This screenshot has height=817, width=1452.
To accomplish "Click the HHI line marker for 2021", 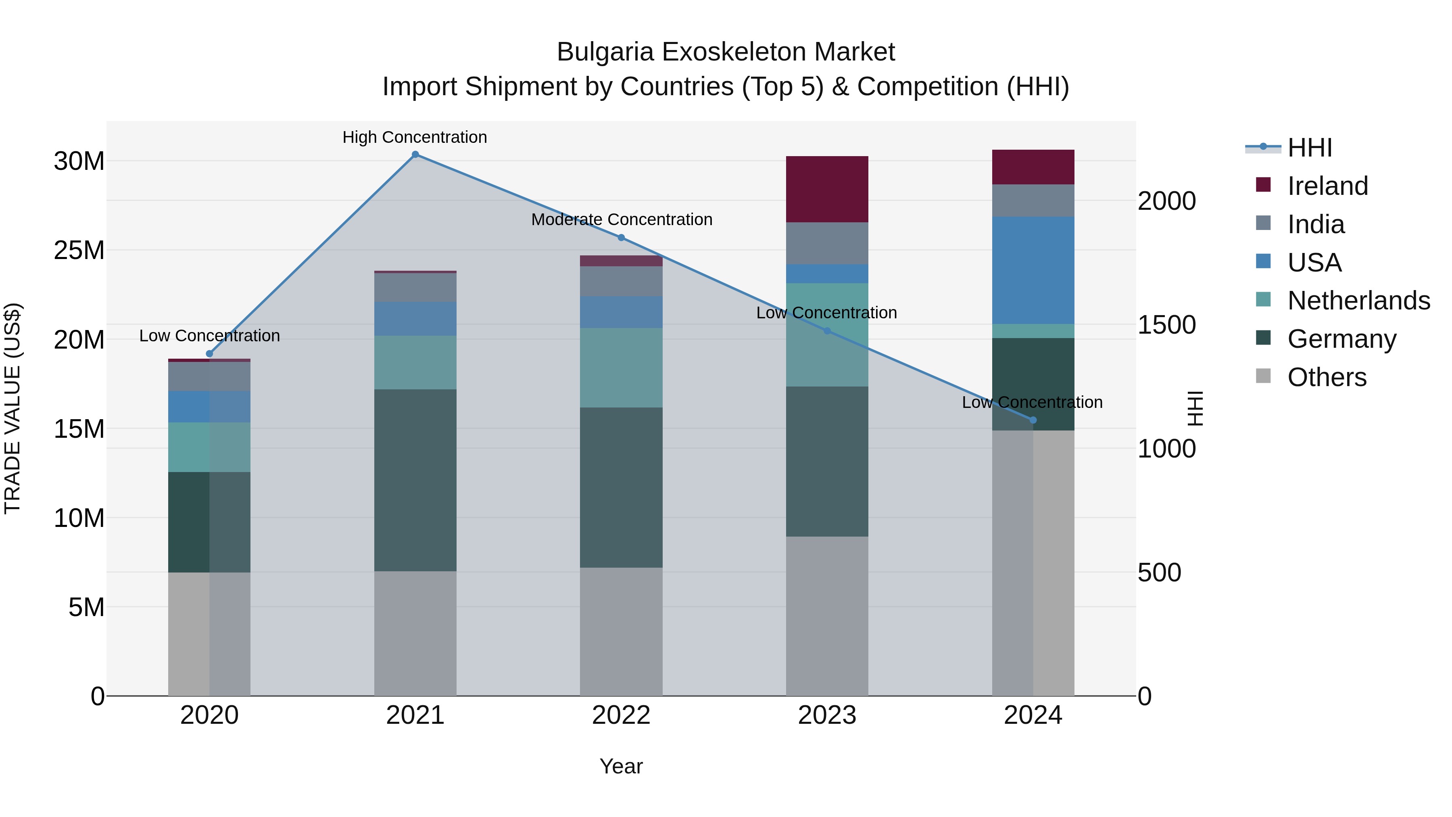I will (x=415, y=155).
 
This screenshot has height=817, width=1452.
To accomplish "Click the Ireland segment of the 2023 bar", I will (x=827, y=189).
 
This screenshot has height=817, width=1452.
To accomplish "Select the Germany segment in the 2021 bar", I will (x=415, y=480).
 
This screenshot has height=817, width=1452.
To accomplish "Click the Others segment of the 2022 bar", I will (x=621, y=631).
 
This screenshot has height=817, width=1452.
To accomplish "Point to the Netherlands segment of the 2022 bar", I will (x=621, y=368).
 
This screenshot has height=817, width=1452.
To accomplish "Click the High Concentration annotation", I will (x=415, y=138).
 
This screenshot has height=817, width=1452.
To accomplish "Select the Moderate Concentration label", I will (x=622, y=220).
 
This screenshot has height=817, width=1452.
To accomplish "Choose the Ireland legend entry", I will (x=1327, y=186).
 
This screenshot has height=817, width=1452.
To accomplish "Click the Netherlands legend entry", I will (x=1358, y=301).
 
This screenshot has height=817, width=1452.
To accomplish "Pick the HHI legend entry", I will (x=1309, y=148).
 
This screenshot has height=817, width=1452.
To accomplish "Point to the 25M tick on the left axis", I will (x=79, y=250).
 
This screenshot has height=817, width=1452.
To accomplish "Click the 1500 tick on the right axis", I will (x=1166, y=325).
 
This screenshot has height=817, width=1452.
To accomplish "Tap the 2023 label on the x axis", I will (x=827, y=715).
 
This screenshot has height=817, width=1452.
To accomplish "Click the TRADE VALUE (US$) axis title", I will (x=13, y=408).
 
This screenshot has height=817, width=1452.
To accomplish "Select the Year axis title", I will (x=621, y=766).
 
